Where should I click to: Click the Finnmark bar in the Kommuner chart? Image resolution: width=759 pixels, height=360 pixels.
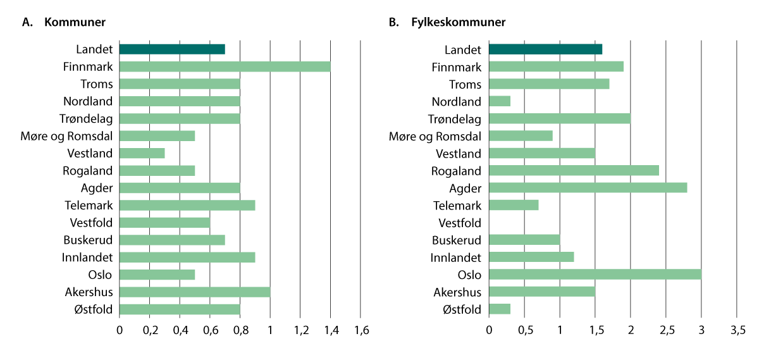[x=225, y=66]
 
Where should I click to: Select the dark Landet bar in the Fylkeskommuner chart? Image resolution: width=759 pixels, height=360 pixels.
[x=545, y=49]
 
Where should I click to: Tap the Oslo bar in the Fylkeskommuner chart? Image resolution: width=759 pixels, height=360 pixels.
[x=595, y=275]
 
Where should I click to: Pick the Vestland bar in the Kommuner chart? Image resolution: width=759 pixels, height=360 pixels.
[x=142, y=153]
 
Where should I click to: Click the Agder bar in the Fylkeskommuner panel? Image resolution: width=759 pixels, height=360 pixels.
[x=588, y=188]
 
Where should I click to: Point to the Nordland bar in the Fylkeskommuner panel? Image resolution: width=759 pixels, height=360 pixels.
[x=500, y=101]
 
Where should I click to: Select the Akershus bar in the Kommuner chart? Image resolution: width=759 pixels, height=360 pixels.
[x=195, y=292]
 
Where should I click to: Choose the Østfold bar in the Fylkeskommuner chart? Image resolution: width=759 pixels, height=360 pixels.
[x=500, y=309]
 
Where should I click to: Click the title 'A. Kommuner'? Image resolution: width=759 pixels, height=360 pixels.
[x=63, y=22]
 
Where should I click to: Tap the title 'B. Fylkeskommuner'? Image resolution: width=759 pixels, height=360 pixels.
[x=447, y=22]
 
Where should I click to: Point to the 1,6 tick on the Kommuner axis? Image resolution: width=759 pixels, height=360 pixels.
[x=361, y=330]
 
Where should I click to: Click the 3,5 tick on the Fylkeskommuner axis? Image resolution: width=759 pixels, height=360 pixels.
[x=737, y=330]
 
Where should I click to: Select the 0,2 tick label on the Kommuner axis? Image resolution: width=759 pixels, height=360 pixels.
[x=150, y=330]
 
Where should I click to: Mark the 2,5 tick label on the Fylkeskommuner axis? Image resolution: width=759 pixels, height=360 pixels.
[x=666, y=330]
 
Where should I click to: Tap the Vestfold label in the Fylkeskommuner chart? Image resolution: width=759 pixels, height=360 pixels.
[x=460, y=223]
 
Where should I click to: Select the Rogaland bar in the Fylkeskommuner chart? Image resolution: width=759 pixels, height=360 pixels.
[x=574, y=170]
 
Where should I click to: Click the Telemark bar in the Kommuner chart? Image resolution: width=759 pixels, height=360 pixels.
[x=187, y=205]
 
